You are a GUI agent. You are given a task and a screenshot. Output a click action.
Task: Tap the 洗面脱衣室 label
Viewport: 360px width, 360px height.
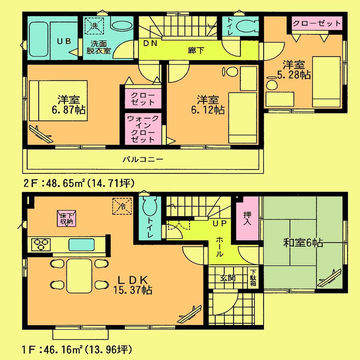tap(99, 47)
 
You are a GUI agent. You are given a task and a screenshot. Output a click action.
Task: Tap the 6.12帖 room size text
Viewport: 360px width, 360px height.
tap(207, 109)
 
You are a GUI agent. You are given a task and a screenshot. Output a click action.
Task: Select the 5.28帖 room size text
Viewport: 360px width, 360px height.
tap(294, 74)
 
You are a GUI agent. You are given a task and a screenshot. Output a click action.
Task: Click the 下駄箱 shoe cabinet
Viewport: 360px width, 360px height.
tap(254, 278)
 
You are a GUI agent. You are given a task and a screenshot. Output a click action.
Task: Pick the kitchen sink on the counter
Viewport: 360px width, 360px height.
tap(82, 244)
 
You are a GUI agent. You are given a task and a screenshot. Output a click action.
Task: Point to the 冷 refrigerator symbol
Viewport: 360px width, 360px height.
tap(122, 207)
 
